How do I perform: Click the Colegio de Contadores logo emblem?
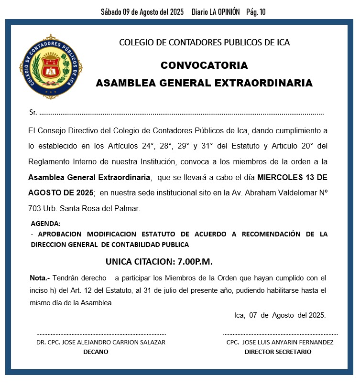point(50,66)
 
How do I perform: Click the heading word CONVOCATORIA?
point(204,65)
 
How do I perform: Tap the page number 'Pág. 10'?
point(255,12)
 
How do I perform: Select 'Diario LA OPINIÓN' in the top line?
point(215,12)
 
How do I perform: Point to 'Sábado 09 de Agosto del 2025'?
point(142,12)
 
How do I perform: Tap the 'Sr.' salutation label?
point(33,113)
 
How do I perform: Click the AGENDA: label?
point(45,224)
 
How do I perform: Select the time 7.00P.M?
point(195,262)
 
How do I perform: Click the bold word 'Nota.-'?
point(40,278)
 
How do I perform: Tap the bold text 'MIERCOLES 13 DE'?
point(292,177)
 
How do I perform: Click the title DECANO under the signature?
point(96,352)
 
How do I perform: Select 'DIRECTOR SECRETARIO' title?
point(278,352)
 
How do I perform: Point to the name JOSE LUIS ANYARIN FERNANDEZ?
point(288,342)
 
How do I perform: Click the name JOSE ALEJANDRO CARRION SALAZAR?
point(114,342)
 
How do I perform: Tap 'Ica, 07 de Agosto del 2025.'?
point(280,315)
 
